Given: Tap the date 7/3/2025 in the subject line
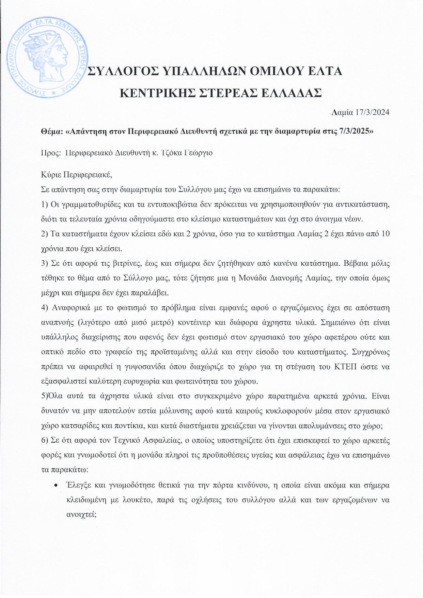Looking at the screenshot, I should click(352, 132).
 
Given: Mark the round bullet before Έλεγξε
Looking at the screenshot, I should click(55, 485).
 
